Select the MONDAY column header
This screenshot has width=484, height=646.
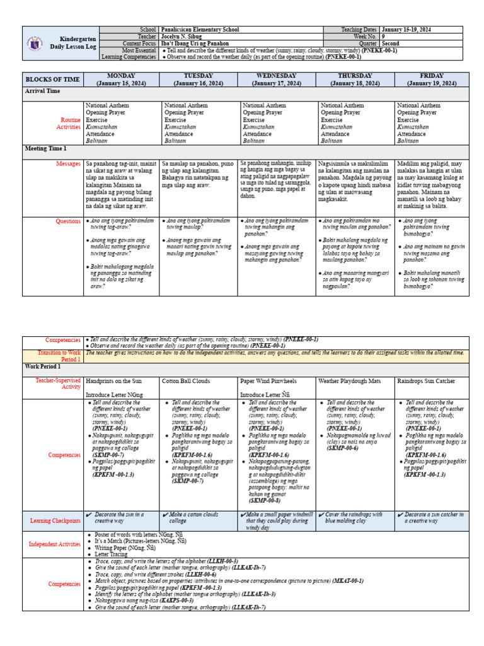[122, 79]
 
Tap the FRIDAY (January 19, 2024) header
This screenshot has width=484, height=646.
[432, 79]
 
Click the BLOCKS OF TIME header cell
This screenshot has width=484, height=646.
[53, 79]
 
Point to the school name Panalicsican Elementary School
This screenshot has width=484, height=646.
[201, 30]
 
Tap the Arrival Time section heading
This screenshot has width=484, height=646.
[42, 91]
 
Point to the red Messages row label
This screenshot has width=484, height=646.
[68, 163]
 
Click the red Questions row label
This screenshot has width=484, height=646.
[67, 221]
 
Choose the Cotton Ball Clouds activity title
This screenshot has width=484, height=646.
[186, 381]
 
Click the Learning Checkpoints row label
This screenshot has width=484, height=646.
[55, 520]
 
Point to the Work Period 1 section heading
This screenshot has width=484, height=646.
[43, 367]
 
